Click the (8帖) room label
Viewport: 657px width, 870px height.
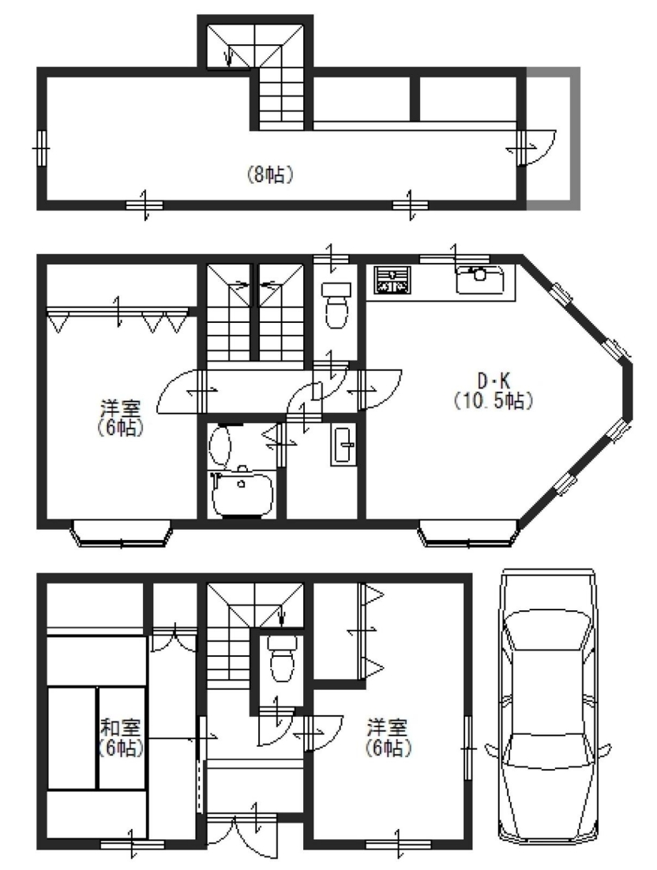[x=270, y=174]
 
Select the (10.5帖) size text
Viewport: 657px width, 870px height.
[x=494, y=400]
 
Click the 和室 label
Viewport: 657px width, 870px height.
[x=120, y=727]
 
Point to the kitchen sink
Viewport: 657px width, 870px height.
[x=481, y=279]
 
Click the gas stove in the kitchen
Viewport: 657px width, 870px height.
[x=392, y=279]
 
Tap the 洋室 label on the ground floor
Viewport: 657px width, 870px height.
[x=388, y=727]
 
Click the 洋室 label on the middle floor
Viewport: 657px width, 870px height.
[x=120, y=409]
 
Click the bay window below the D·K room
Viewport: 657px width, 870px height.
[x=469, y=533]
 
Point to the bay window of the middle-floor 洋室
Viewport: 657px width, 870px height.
[x=122, y=533]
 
